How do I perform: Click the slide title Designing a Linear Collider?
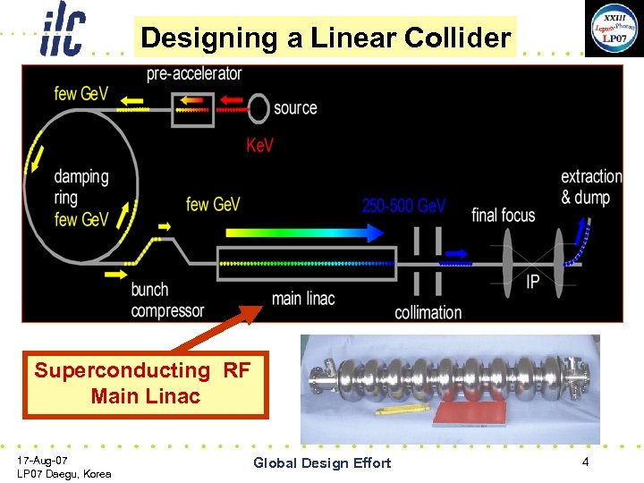326,38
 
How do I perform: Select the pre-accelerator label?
194,73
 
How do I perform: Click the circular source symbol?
258,108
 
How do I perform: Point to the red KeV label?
259,145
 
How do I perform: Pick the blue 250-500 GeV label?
403,206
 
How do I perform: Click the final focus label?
503,215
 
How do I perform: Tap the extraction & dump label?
591,187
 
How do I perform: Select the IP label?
533,281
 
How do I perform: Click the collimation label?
428,312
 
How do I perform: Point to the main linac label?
302,298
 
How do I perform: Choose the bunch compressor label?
167,300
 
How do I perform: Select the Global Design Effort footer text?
322,462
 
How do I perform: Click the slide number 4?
585,462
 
